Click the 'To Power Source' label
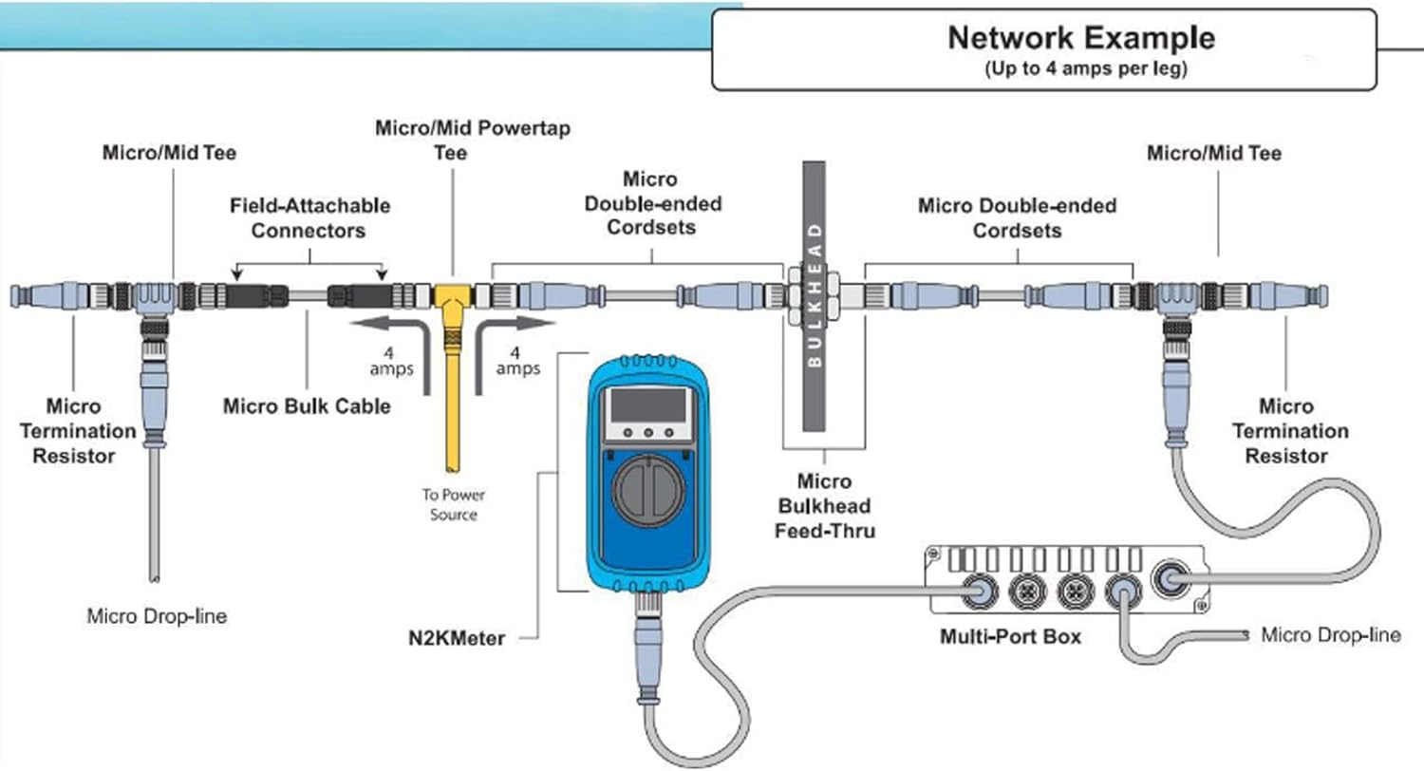point(451,504)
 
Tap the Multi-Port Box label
point(1010,636)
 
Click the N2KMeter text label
point(451,638)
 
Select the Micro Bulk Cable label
point(307,406)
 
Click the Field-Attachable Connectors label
point(309,217)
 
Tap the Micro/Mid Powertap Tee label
point(473,140)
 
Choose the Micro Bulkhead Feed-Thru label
point(824,506)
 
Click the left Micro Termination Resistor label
point(73,431)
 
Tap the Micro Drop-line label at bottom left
point(157,616)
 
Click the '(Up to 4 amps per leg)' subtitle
point(1081,70)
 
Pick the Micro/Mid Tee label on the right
point(1214,153)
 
